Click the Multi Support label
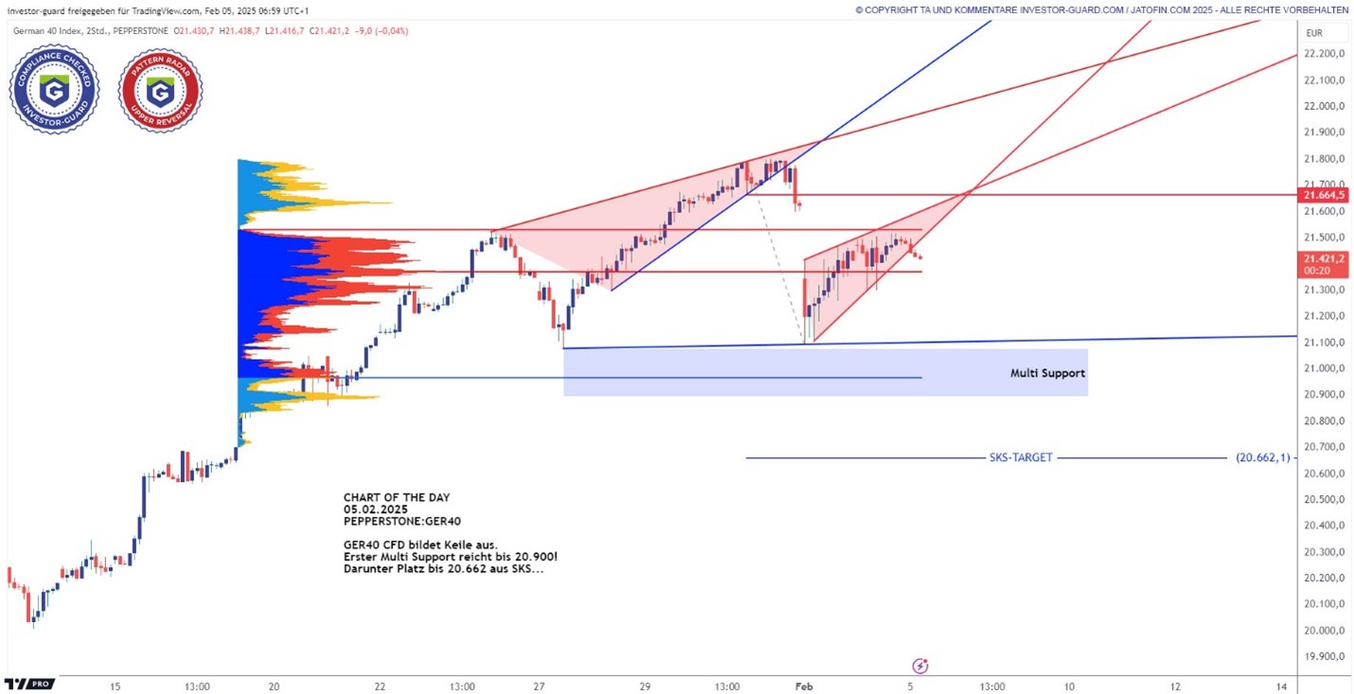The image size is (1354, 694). coord(1047,373)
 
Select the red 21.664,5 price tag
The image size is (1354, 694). coord(1325,195)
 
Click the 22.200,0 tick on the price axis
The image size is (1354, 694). coord(1325,53)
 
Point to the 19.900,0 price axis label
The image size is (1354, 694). coord(1325,656)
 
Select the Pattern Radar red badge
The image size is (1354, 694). coord(159,90)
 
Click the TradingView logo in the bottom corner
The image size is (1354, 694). coord(28,684)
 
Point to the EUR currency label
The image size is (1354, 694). coord(1313,33)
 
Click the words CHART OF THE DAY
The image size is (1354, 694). coord(397,497)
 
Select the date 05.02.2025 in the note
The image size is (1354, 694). coord(375,509)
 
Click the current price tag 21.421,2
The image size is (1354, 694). coord(1325,258)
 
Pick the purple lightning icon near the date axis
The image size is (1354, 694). coord(919,666)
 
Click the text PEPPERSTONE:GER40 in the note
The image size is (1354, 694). coord(402,521)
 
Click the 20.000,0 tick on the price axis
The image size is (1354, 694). coord(1325,631)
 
